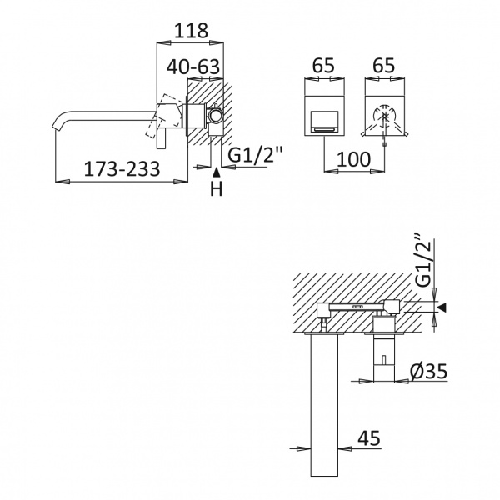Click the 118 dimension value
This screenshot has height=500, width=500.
[192, 31]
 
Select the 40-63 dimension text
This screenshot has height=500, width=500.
[193, 67]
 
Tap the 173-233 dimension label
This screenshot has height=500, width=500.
[122, 168]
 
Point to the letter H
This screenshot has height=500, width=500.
[216, 188]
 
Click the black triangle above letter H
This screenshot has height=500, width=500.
[216, 172]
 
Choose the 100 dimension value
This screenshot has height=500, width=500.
[354, 159]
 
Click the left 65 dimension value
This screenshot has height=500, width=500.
[323, 66]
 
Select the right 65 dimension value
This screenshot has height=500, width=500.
[384, 66]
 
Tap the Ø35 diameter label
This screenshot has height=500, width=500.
[429, 371]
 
